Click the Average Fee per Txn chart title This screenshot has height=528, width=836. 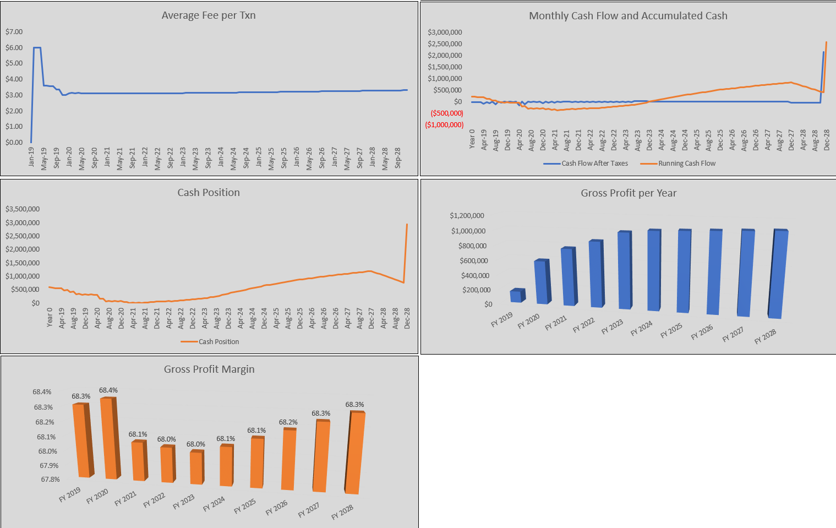coord(209,15)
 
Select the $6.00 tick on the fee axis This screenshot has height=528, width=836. coord(14,47)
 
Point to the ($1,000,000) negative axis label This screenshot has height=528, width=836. coord(444,125)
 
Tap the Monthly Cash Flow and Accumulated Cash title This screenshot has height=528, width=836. coord(628,16)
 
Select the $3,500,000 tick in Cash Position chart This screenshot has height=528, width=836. coord(23,209)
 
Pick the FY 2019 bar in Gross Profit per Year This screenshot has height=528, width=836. coord(516,296)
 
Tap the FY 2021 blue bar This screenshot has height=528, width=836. coord(569,277)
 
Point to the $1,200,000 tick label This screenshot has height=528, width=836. coord(467,216)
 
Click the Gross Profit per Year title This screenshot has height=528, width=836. coord(629,193)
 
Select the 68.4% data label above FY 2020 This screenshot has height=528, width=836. coord(108,390)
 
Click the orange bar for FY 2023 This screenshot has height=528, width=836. coord(196,467)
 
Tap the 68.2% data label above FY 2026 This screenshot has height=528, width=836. coord(288,422)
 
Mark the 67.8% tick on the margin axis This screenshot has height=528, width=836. coord(50,480)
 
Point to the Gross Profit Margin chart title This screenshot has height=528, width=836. coord(209,369)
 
